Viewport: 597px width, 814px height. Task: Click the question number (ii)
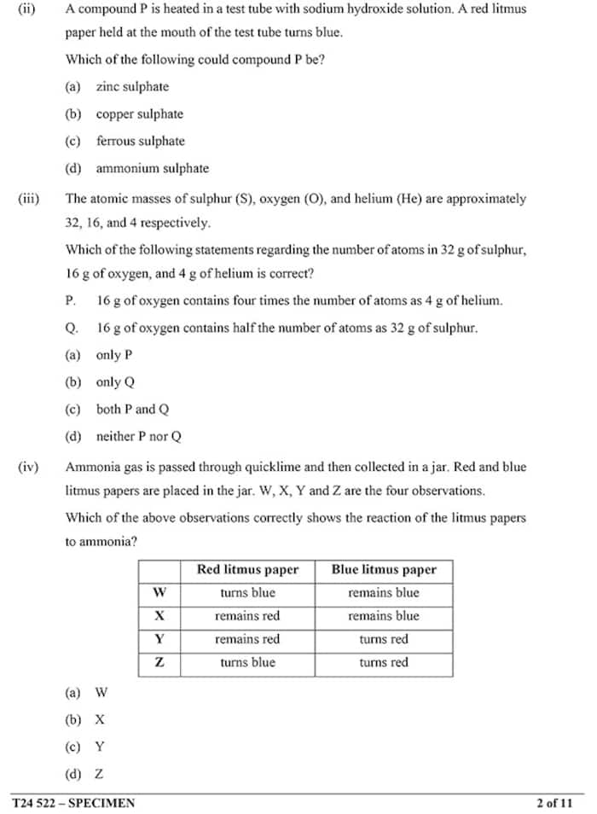coord(26,9)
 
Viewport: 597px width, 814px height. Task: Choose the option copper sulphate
coord(139,114)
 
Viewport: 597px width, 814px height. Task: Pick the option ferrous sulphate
coord(140,142)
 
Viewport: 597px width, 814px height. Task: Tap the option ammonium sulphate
coord(152,169)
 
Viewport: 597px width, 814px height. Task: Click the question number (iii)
coord(28,199)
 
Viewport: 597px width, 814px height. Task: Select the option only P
coord(113,355)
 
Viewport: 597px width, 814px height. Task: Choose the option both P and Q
coord(132,410)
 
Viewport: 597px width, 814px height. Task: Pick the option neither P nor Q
coord(138,437)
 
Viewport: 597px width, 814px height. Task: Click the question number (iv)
coord(28,468)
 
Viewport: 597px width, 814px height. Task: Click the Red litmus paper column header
coord(247,570)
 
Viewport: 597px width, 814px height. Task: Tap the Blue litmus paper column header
coord(384,570)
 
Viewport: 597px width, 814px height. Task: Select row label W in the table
coord(159,593)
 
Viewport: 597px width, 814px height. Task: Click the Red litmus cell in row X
coord(247,616)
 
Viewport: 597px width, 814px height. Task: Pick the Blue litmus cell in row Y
coord(384,639)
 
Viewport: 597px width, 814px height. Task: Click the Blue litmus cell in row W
coord(384,593)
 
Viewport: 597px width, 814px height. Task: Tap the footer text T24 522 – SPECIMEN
coord(73,803)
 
